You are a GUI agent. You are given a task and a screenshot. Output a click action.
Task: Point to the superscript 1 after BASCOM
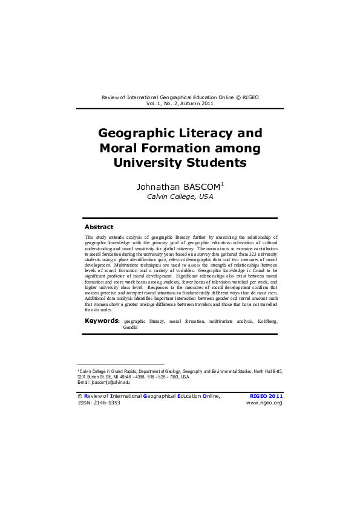pos(222,183)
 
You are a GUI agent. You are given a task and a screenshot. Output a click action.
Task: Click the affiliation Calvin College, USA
pos(180,196)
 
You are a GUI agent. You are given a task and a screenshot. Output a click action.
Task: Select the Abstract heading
pos(99,227)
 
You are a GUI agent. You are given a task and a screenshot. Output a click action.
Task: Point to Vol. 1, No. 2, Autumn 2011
pos(180,103)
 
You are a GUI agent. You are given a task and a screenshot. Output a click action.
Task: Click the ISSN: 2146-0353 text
pos(99,402)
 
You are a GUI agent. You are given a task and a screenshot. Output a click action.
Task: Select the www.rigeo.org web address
pos(264,402)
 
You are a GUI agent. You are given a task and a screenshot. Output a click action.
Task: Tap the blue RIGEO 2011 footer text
pos(266,395)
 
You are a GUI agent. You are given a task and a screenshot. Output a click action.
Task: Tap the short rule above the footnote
pos(121,365)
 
